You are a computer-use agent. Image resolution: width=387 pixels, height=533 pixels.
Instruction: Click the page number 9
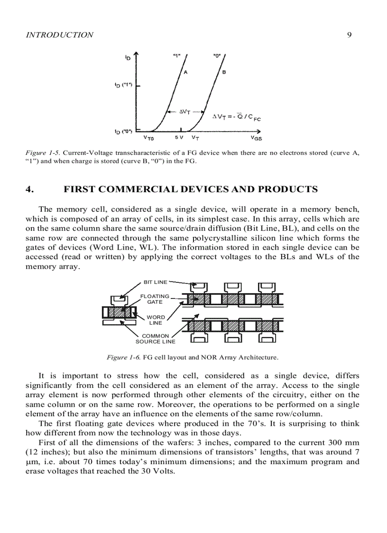coord(349,35)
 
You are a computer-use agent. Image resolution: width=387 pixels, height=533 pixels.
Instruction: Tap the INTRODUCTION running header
coord(59,35)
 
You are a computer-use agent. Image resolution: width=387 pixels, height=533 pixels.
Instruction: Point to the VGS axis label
coord(256,138)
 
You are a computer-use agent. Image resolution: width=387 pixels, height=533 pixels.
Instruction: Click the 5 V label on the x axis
coord(179,138)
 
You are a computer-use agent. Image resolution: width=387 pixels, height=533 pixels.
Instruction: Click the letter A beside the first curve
coord(185,73)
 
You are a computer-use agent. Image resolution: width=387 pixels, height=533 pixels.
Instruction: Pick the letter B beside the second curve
coord(224,73)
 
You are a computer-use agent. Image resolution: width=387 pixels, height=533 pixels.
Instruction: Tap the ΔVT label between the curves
coord(185,112)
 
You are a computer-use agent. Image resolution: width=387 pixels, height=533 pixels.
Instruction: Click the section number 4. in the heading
coord(30,189)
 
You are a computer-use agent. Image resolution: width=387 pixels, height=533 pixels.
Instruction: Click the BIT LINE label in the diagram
coord(155,282)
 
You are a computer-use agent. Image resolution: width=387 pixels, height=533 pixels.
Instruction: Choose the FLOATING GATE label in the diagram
coord(155,299)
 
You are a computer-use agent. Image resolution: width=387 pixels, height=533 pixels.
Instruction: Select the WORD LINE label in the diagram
coord(156,320)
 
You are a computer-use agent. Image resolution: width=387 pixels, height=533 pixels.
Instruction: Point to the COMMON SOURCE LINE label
coord(155,338)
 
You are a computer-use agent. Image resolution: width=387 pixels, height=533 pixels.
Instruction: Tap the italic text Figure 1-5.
coord(43,153)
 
